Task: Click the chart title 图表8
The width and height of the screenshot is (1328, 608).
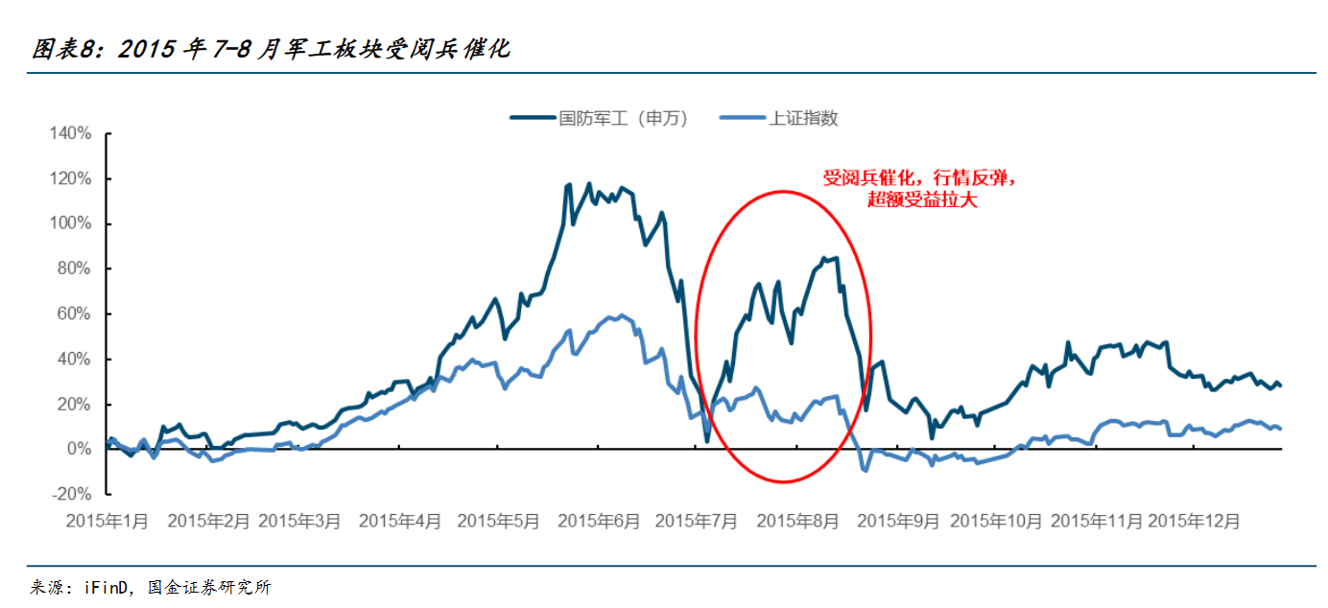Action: (270, 49)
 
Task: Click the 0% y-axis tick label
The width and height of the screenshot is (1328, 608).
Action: (77, 449)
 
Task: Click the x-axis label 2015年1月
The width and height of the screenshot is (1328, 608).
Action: (107, 521)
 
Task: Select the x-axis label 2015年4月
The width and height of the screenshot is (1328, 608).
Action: (400, 521)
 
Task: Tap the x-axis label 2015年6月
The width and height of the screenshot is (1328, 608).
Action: (598, 521)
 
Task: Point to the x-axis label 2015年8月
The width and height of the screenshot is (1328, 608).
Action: (797, 521)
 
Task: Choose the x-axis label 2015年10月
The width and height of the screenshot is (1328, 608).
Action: (996, 521)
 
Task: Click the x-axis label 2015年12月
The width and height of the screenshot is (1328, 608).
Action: (1194, 521)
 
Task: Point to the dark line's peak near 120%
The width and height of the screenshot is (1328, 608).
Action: (588, 183)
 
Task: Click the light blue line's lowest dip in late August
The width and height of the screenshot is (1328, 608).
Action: (865, 470)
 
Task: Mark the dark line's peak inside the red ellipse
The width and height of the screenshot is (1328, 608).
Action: (824, 257)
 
